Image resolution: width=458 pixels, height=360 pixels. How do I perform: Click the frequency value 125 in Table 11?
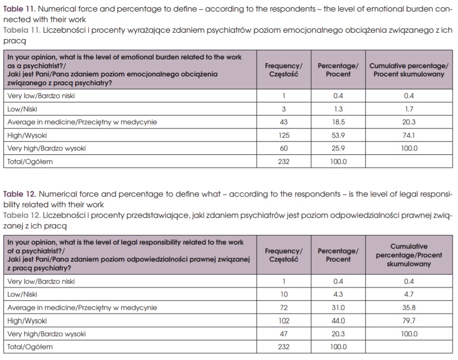point(283,135)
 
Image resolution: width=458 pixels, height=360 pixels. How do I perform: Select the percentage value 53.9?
point(338,135)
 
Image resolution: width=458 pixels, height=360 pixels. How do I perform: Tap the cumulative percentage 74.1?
point(409,135)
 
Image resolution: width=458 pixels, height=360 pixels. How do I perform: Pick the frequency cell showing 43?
point(283,122)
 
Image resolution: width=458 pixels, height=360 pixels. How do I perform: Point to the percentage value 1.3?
point(338,109)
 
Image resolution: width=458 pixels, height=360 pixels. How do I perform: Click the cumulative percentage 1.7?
point(409,109)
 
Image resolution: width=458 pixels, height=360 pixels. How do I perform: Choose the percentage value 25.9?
point(338,148)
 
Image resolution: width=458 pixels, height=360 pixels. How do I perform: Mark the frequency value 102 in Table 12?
point(283,321)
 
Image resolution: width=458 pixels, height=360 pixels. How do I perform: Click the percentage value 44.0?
point(338,321)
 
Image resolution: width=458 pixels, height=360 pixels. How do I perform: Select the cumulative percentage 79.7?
point(409,321)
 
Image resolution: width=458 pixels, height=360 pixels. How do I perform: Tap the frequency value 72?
point(283,308)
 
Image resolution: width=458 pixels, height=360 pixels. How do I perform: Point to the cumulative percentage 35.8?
point(409,308)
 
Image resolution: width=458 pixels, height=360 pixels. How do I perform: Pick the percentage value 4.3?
point(338,294)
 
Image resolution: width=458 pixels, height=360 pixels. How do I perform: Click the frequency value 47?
point(283,334)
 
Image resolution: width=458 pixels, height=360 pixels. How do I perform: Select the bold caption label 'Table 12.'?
point(19,194)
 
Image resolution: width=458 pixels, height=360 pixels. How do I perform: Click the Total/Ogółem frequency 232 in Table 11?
point(283,162)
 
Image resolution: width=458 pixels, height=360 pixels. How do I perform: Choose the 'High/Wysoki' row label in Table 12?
point(27,321)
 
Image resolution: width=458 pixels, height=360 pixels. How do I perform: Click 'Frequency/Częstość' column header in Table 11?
point(283,70)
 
